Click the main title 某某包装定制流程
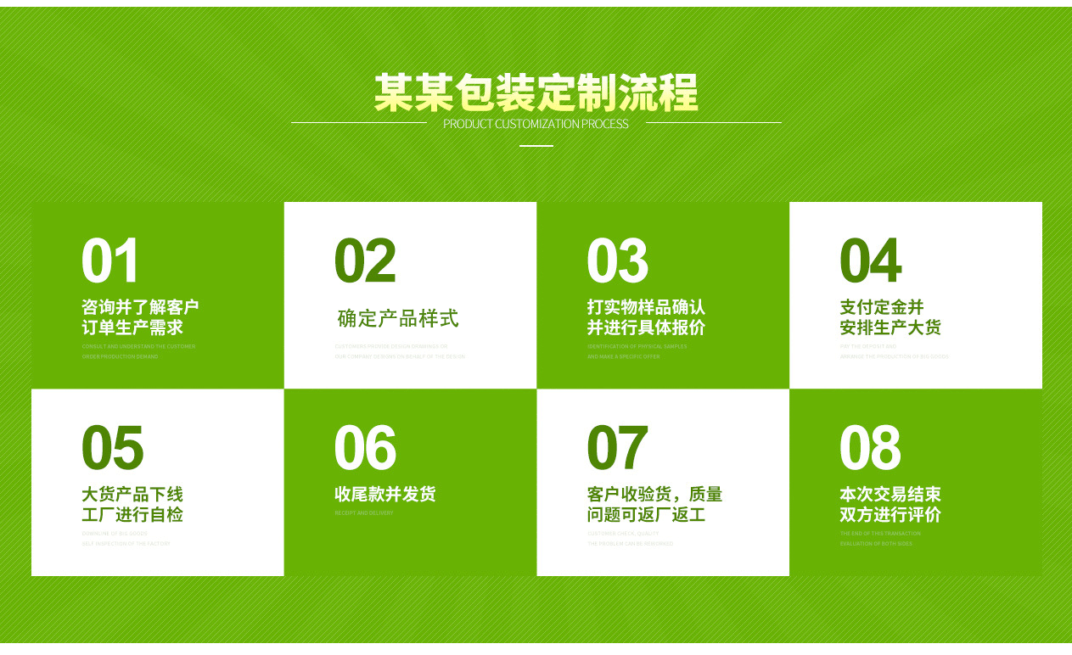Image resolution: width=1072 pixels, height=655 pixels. pos(536,92)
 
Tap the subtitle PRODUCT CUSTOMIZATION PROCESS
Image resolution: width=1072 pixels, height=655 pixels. pos(536,124)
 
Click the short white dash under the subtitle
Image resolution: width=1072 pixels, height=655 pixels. pos(536,146)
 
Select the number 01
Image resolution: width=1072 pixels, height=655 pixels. pos(110,261)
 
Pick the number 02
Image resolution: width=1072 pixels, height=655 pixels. pos(365,261)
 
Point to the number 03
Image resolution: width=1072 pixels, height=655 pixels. pos(617,261)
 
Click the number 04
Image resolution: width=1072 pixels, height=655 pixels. pos(870,261)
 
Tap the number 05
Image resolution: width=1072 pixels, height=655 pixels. pos(112,448)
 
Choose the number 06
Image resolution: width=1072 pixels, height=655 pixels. pos(365,448)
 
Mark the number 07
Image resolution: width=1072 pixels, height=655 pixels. pos(617,448)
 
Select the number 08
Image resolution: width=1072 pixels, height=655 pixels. pos(870,448)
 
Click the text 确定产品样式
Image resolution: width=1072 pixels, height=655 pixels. pos(398,318)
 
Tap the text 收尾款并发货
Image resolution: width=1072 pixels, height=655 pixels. pos(384,494)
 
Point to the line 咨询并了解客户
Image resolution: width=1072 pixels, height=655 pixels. pos(140,306)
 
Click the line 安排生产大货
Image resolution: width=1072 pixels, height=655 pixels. pos(890,327)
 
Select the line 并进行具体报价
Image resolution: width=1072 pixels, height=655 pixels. pos(646,327)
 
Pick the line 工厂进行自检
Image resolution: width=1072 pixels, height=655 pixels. pos(132,514)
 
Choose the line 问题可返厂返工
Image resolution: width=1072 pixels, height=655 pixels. pos(646,514)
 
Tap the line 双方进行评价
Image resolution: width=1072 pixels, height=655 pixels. pos(890,514)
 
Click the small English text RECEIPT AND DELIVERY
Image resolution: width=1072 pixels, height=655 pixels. pos(364,513)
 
